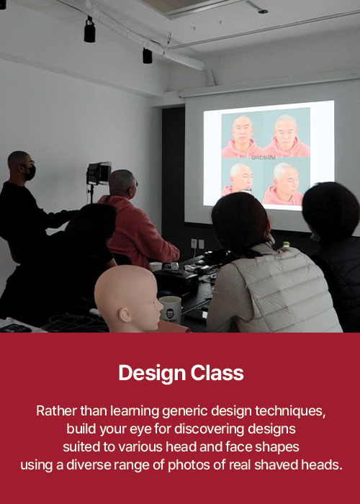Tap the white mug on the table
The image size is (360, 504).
[x=171, y=309]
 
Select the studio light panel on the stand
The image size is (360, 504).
[x=99, y=174]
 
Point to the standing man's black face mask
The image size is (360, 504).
[x=30, y=174]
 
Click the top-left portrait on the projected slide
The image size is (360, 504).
[x=242, y=136]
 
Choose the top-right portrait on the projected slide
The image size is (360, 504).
[x=287, y=135]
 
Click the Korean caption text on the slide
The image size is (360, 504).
[x=264, y=158]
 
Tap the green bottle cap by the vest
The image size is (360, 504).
[x=286, y=243]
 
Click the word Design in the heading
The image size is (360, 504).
[x=152, y=374]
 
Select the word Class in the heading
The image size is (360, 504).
[x=217, y=373]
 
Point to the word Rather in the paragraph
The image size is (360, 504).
[x=57, y=411]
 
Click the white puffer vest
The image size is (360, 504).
[x=283, y=289]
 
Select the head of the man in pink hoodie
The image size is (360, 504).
[x=123, y=183]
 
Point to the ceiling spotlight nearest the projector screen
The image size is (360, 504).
[x=147, y=56]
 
